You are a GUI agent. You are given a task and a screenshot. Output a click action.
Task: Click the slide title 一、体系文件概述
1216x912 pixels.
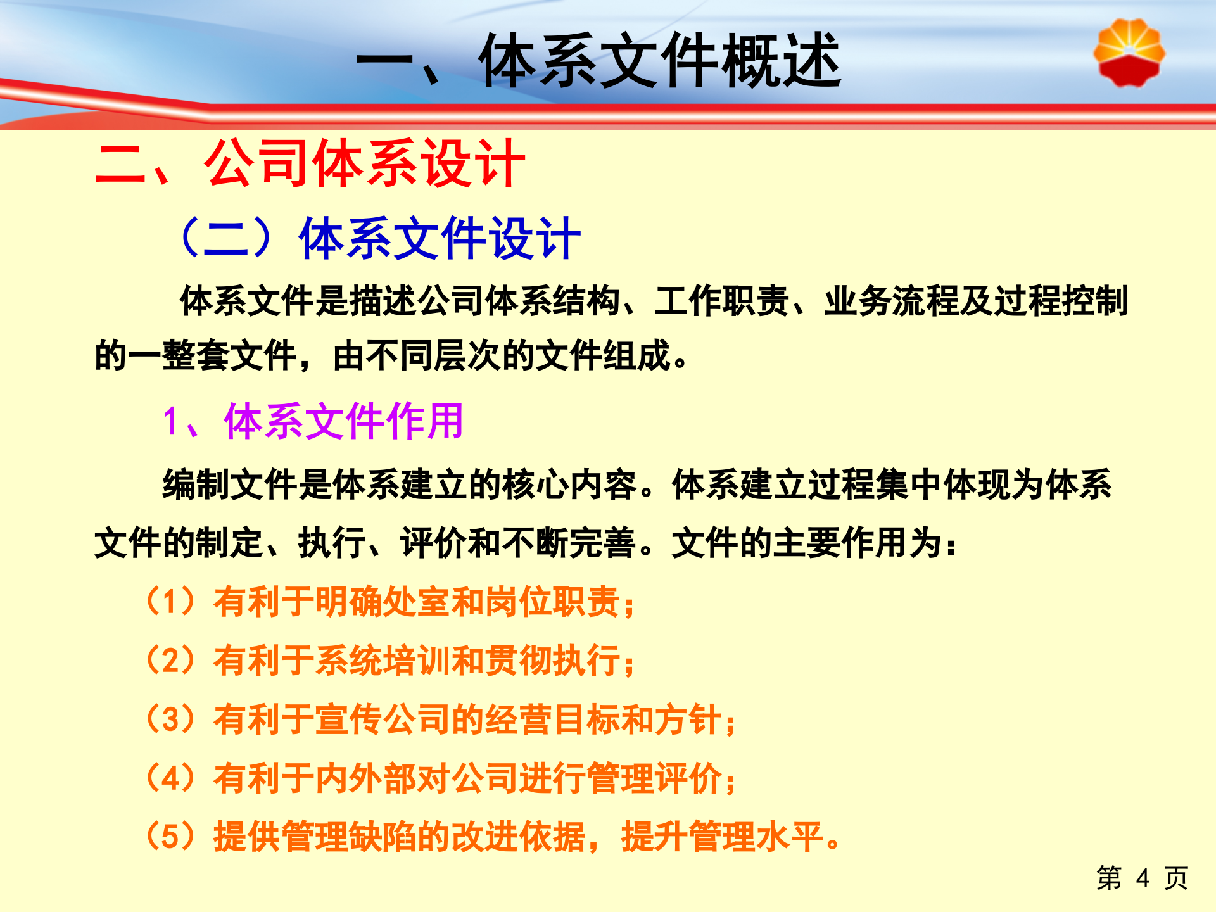[x=598, y=61]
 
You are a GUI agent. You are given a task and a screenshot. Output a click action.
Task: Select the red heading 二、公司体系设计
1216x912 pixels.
[x=310, y=164]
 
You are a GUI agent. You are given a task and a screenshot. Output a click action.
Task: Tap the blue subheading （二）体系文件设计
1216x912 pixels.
[x=379, y=238]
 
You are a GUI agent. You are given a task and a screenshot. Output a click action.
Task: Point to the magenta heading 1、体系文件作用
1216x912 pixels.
[x=312, y=421]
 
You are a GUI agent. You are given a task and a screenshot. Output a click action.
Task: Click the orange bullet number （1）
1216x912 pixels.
[x=170, y=601]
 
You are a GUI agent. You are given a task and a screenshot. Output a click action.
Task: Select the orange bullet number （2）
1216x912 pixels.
[x=170, y=660]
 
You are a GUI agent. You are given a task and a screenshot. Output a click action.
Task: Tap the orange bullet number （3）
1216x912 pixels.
[x=170, y=719]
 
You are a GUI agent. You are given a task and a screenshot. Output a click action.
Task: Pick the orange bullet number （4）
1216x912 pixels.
[x=170, y=778]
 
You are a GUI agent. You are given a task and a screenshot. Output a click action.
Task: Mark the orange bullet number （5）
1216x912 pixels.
[x=170, y=836]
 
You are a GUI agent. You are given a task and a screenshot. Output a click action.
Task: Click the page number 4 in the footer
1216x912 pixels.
[x=1143, y=878]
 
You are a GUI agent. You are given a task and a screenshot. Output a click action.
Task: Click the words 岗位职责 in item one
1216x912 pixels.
[x=552, y=602]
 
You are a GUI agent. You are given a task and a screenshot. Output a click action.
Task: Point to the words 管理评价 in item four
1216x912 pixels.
[x=654, y=778]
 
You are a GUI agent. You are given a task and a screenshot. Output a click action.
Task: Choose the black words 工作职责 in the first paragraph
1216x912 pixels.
[x=721, y=301]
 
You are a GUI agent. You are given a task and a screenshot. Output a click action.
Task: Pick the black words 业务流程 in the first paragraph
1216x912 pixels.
[x=891, y=301]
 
